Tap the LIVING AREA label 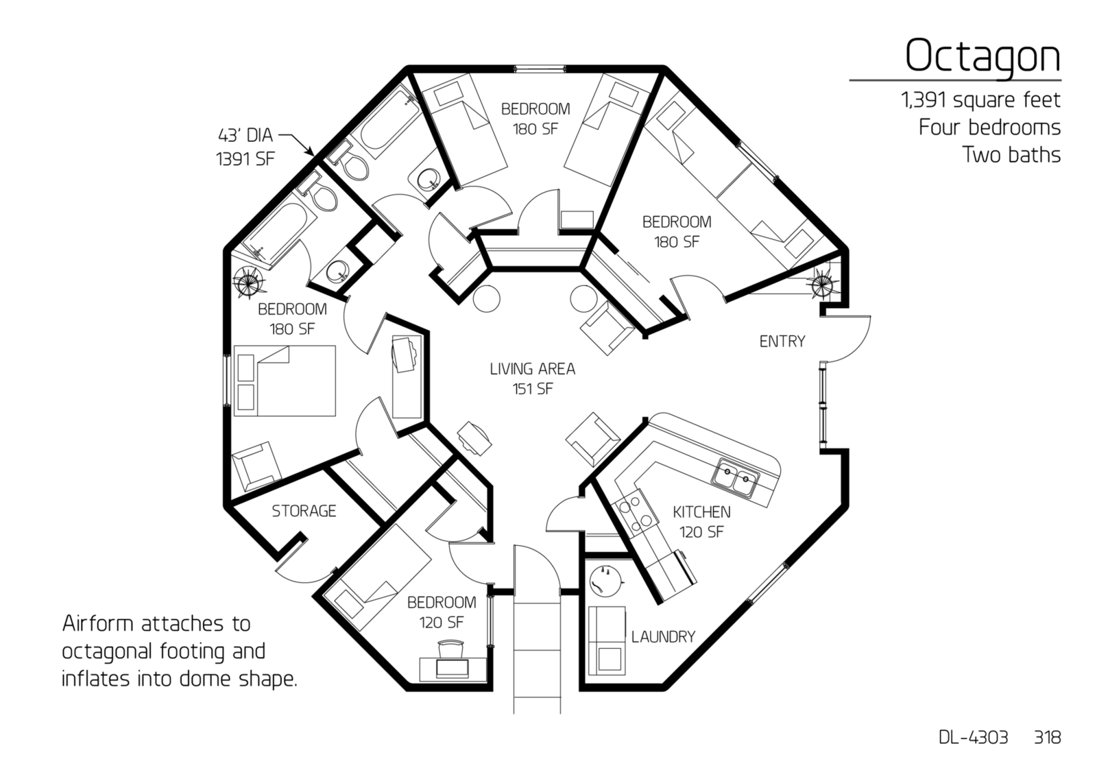532,369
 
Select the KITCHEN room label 701,512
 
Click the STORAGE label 304,511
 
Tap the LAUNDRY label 663,637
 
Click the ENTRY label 782,341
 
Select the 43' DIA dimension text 245,135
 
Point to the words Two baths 1012,155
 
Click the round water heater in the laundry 606,581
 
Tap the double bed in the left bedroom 285,381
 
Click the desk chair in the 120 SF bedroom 450,650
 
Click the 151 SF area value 532,389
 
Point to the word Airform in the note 97,624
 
